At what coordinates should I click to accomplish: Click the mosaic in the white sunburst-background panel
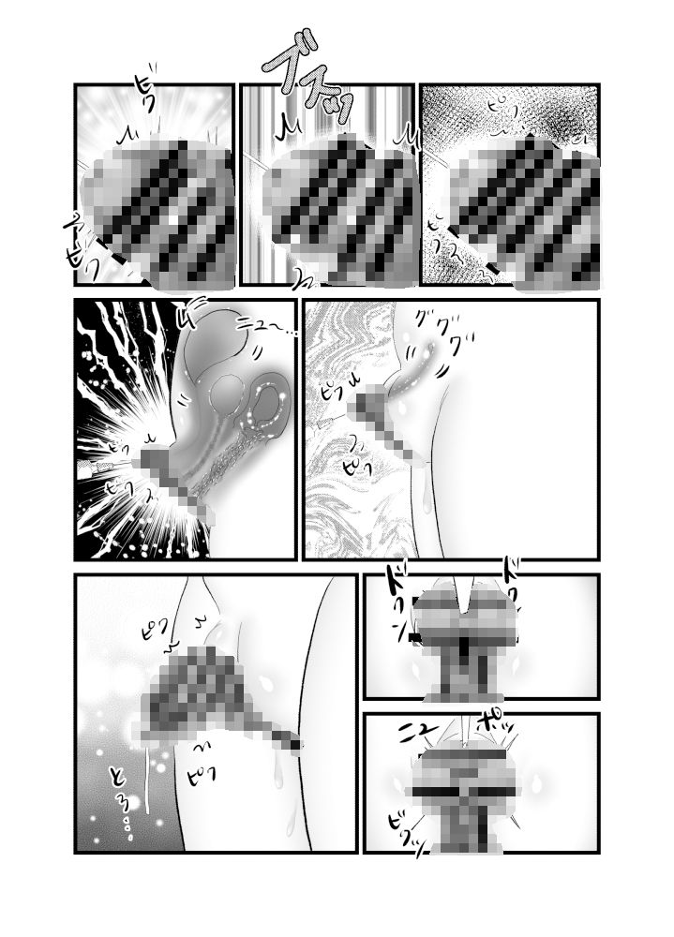[159, 211]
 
